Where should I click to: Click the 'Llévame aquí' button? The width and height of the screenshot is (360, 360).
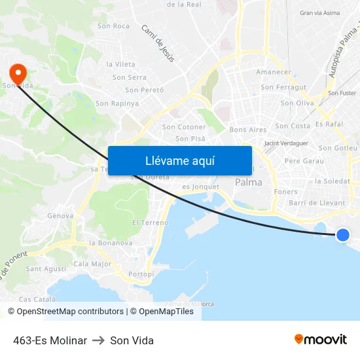pyautogui.click(x=179, y=160)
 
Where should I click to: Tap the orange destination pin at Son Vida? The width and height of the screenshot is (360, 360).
pyautogui.click(x=18, y=72)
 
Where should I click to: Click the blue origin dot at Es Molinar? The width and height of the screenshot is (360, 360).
pyautogui.click(x=342, y=235)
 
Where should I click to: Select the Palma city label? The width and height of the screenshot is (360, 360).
pyautogui.click(x=248, y=183)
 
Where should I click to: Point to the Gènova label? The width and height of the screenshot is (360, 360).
pyautogui.click(x=60, y=215)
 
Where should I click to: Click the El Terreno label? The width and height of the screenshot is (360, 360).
pyautogui.click(x=150, y=223)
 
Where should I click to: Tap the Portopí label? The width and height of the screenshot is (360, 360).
pyautogui.click(x=141, y=274)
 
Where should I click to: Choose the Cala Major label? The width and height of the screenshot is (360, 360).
pyautogui.click(x=92, y=264)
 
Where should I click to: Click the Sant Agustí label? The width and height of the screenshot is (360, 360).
pyautogui.click(x=46, y=268)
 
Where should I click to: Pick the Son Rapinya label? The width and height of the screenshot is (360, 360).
pyautogui.click(x=117, y=103)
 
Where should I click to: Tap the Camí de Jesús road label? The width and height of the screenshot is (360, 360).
pyautogui.click(x=158, y=43)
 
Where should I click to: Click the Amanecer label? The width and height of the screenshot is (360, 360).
pyautogui.click(x=274, y=72)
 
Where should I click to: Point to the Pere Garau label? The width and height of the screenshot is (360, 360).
pyautogui.click(x=304, y=160)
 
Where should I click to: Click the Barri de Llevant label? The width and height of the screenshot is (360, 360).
pyautogui.click(x=317, y=203)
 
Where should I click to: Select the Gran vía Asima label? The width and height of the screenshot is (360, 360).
pyautogui.click(x=319, y=12)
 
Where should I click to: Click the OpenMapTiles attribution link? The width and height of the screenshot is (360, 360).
pyautogui.click(x=166, y=312)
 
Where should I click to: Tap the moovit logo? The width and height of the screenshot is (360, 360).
pyautogui.click(x=320, y=340)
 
